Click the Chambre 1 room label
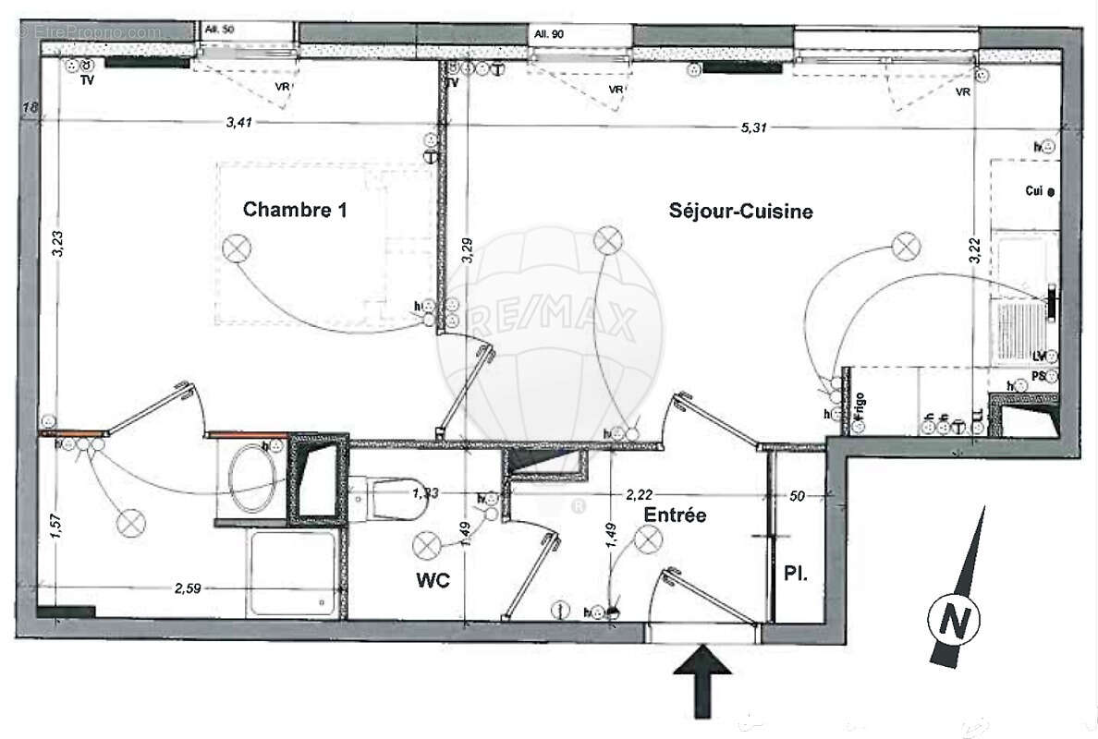(x=295, y=210)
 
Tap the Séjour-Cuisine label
(x=740, y=212)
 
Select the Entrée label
(x=676, y=515)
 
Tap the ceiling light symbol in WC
(x=427, y=546)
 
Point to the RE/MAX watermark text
(x=551, y=323)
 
